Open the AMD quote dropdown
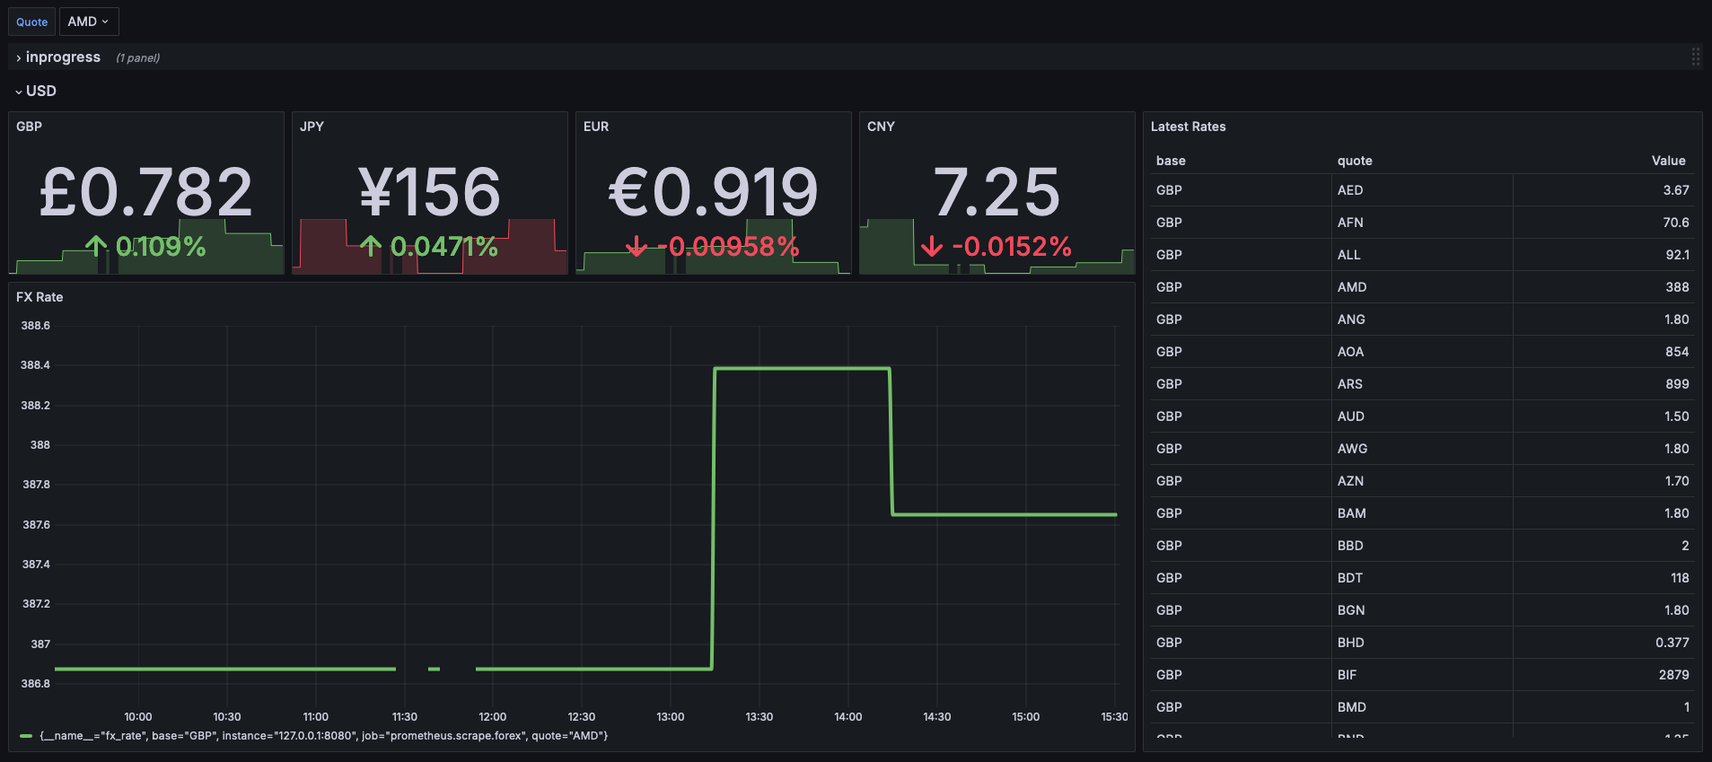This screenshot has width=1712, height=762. coord(88,22)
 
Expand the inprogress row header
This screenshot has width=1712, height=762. coord(62,57)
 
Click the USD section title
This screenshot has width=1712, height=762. coord(40,91)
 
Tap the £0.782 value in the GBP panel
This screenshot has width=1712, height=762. coord(146,192)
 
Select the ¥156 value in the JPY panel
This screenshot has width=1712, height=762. coord(429,192)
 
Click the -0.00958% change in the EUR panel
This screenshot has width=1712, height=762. coord(714,247)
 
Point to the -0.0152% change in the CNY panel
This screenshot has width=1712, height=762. coord(996,247)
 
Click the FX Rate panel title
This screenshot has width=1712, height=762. coord(40,297)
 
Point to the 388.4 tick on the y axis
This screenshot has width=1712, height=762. coord(35,365)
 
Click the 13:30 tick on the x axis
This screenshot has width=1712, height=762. coord(759,716)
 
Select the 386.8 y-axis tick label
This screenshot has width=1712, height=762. coord(35,684)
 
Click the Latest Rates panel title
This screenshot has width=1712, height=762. coord(1188,127)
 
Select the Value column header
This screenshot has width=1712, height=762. coord(1668,161)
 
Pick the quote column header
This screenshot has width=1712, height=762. coord(1355,161)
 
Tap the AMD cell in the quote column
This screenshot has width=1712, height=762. coord(1352,287)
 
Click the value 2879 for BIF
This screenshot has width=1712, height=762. coord(1673,675)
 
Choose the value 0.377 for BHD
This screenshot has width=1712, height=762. coord(1672,643)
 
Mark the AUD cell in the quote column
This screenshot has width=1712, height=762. coord(1351,416)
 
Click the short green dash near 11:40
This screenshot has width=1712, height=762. coord(435,669)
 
